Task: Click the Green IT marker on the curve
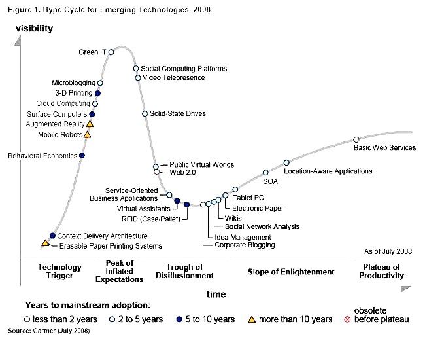(111, 52)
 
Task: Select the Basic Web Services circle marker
(356, 139)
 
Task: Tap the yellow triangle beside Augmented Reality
(90, 123)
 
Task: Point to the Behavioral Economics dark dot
(82, 156)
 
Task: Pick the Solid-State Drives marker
(144, 114)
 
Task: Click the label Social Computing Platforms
(184, 69)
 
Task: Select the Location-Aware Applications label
(328, 171)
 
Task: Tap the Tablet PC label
(248, 197)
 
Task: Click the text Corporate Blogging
(245, 245)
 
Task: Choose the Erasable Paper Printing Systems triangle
(45, 243)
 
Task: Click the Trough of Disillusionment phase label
(184, 272)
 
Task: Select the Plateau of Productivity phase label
(382, 272)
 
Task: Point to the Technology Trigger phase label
(59, 272)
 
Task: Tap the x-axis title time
(216, 295)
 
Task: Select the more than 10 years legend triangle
(251, 319)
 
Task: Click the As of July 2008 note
(388, 251)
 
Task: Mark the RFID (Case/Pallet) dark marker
(186, 205)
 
